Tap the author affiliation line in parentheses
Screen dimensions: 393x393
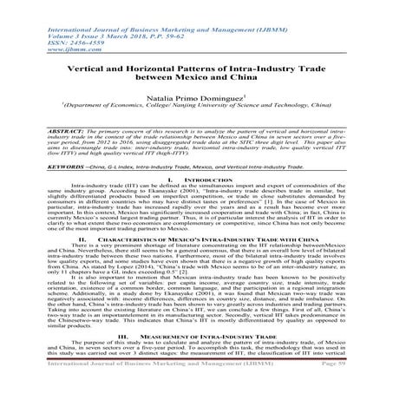point(196,112)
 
